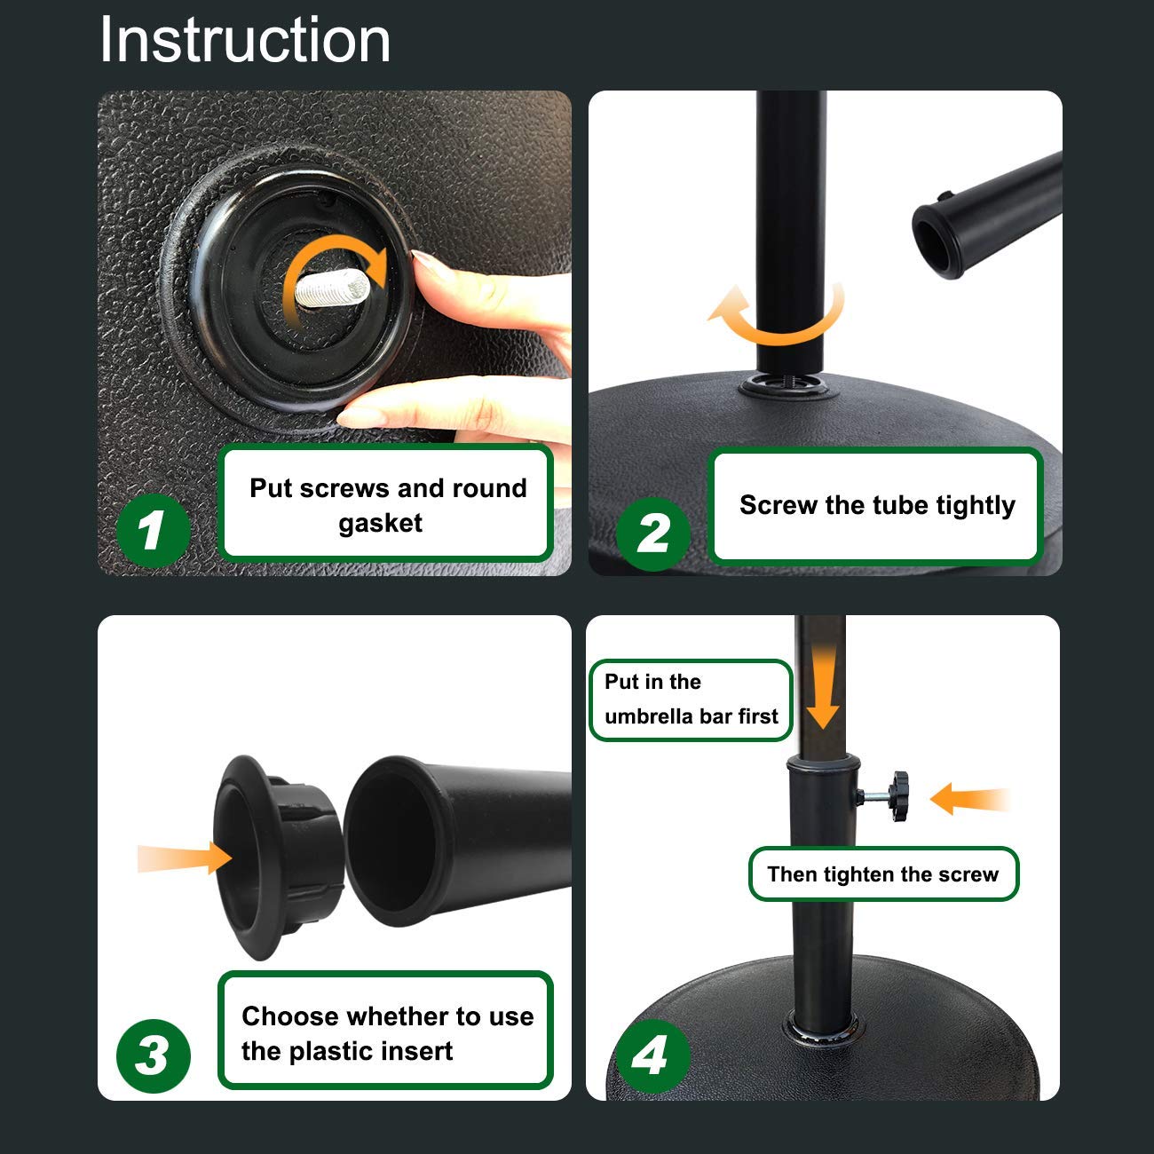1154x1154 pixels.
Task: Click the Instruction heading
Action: pyautogui.click(x=245, y=40)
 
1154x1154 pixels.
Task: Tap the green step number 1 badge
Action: pyautogui.click(x=152, y=530)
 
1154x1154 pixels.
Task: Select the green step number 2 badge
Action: pyautogui.click(x=653, y=533)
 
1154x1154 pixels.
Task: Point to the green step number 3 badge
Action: pyautogui.click(x=153, y=1055)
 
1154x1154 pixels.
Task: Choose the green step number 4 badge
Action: pyautogui.click(x=651, y=1055)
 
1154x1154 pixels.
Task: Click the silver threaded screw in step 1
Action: pyautogui.click(x=331, y=288)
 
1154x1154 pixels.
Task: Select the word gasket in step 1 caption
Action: pyautogui.click(x=380, y=524)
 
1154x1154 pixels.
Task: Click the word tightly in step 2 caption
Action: pyautogui.click(x=975, y=505)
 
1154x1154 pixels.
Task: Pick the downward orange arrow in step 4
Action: pyautogui.click(x=823, y=688)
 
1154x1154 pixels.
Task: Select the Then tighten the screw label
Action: pyautogui.click(x=882, y=874)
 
